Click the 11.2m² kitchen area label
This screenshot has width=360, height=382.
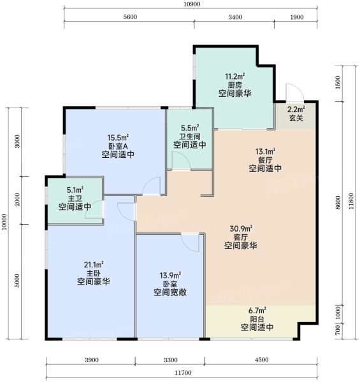click(235, 76)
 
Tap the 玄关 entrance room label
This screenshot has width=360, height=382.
click(296, 118)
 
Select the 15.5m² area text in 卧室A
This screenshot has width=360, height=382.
click(119, 138)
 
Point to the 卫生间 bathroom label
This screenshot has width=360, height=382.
click(190, 136)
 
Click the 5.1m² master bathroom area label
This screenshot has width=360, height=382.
click(75, 190)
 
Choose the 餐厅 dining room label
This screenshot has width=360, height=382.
click(266, 160)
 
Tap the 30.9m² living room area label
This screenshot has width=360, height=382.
click(241, 229)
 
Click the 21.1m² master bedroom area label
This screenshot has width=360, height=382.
click(94, 264)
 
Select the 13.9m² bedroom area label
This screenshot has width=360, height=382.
click(170, 276)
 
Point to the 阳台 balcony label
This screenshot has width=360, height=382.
click(257, 319)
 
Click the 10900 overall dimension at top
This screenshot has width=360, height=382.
click(192, 4)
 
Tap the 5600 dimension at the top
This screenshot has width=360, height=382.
click(130, 17)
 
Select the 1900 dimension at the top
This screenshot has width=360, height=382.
click(297, 17)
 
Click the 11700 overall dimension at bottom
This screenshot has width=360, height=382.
click(183, 372)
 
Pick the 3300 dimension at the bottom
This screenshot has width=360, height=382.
click(171, 360)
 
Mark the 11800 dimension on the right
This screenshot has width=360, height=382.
click(351, 201)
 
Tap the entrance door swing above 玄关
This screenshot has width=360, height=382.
click(295, 92)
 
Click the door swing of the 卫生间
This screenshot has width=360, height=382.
click(181, 160)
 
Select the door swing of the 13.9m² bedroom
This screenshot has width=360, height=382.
click(191, 243)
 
